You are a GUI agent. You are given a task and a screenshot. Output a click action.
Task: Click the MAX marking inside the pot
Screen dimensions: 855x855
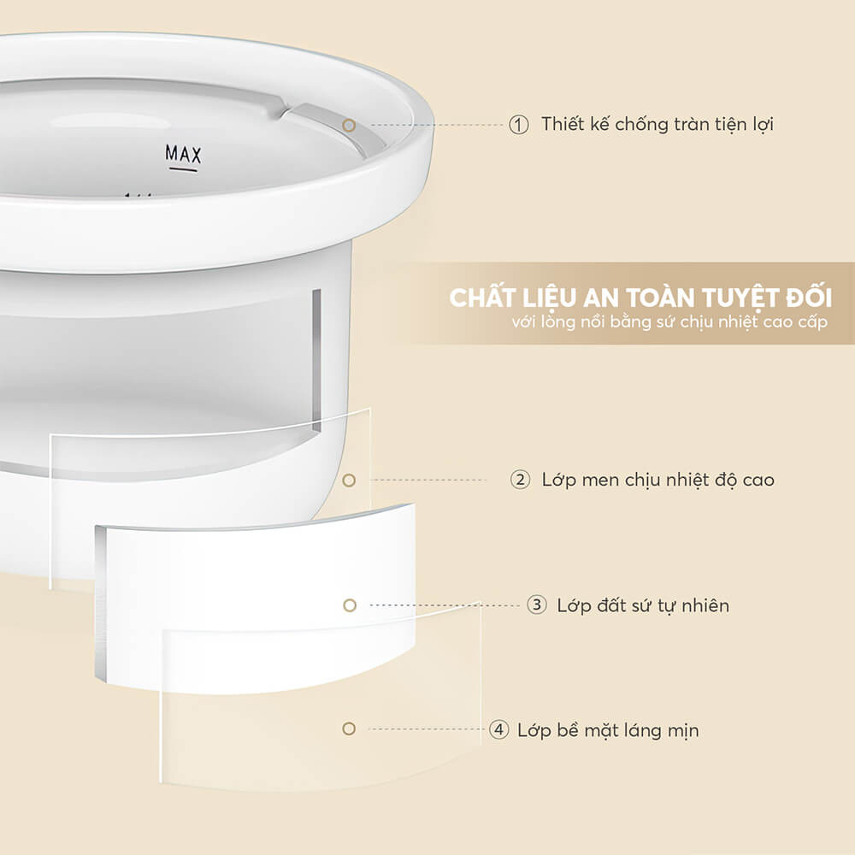click(183, 154)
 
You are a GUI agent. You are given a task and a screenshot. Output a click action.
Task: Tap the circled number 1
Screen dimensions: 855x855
click(519, 125)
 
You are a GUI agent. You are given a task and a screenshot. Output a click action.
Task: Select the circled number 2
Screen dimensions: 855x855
click(520, 480)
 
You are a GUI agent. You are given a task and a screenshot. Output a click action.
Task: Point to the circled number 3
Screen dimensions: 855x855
click(536, 605)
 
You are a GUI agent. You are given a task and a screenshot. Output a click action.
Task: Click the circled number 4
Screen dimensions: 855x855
click(498, 730)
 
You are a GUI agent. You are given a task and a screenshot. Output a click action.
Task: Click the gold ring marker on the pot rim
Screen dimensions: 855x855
click(348, 125)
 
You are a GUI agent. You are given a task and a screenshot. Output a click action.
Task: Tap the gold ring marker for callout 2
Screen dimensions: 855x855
click(348, 481)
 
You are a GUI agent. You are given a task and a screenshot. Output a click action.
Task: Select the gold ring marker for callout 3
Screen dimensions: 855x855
click(349, 605)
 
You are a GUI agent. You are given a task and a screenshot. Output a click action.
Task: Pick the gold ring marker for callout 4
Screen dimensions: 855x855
click(348, 729)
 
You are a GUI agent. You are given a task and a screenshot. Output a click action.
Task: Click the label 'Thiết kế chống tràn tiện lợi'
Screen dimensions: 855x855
click(657, 125)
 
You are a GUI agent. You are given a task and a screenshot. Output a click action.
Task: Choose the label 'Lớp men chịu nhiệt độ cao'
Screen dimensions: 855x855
click(657, 480)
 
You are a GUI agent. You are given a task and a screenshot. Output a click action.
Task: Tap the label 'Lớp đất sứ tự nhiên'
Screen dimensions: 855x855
click(643, 605)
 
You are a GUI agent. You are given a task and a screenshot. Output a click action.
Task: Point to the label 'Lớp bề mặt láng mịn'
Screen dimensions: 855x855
click(607, 730)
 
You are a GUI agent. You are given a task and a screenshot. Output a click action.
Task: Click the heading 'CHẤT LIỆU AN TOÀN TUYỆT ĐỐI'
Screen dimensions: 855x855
click(640, 299)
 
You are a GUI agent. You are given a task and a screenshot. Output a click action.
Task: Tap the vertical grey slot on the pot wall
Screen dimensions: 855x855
click(316, 359)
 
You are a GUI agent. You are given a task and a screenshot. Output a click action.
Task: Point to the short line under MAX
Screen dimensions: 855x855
click(183, 169)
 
